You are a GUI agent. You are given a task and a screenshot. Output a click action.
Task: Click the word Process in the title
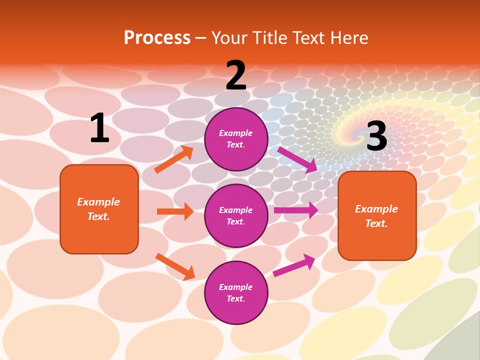(x=157, y=37)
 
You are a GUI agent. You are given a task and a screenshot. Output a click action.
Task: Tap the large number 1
(x=99, y=128)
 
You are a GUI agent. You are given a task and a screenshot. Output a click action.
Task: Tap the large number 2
(x=236, y=76)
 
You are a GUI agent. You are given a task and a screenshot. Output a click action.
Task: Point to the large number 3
(x=376, y=136)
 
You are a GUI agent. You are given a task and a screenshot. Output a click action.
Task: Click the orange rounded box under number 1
(x=99, y=209)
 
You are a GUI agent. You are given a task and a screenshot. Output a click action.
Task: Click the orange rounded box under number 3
(x=377, y=215)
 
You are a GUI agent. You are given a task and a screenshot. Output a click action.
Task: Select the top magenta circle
(x=236, y=139)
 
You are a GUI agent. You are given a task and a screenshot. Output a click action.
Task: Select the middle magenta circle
(x=236, y=215)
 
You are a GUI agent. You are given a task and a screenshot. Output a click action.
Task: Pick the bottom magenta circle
(x=236, y=292)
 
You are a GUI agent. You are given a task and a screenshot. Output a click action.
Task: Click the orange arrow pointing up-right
(x=174, y=159)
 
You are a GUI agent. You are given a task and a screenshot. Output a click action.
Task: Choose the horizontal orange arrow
(x=175, y=211)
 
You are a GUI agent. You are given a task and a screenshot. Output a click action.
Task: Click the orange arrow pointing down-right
(x=175, y=266)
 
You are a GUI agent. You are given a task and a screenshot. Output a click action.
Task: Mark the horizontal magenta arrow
(x=296, y=210)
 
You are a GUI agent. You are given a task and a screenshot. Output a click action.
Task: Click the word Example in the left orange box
(x=98, y=202)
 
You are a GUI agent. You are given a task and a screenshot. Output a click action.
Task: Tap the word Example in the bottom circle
(x=236, y=287)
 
